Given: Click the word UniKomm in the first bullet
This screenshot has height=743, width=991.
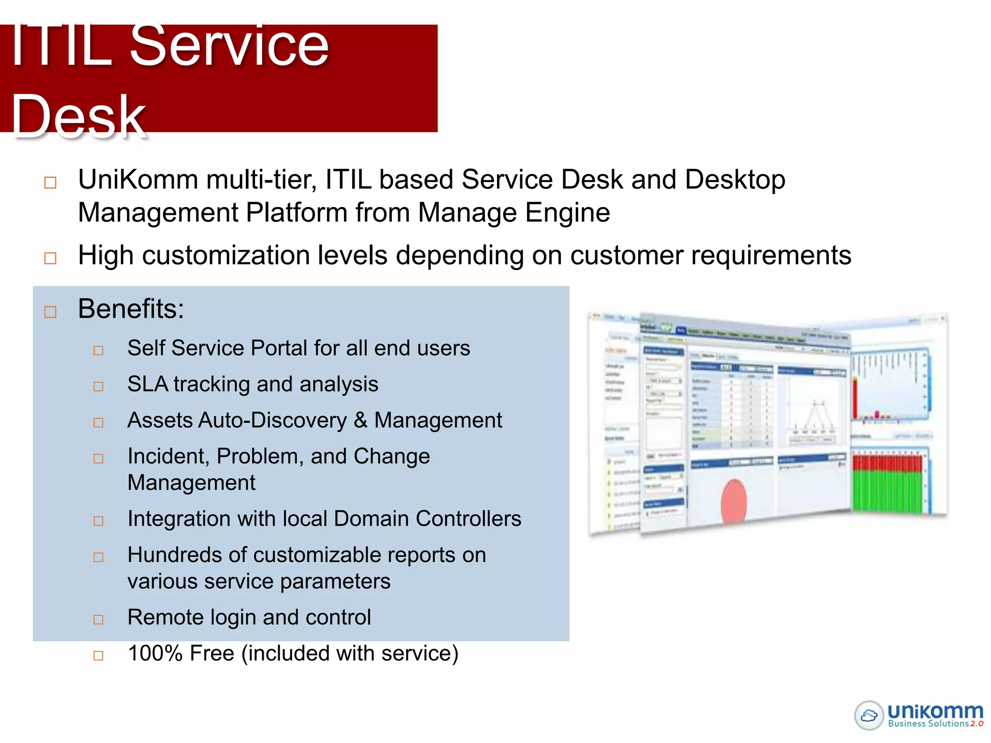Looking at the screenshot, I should click(138, 180).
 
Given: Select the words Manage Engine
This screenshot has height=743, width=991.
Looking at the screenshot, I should click(513, 213).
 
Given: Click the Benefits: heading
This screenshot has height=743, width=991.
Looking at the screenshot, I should click(131, 309).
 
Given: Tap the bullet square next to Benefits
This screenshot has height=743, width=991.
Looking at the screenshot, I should click(50, 312).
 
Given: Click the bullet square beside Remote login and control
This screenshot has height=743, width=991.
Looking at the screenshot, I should click(98, 620).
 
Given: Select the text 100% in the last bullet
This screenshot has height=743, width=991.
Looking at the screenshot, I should click(155, 654).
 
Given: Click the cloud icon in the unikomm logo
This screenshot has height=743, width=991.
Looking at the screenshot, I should click(869, 715).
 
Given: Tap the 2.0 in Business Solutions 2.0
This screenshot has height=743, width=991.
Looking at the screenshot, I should click(976, 724).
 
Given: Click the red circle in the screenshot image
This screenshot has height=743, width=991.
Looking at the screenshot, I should click(734, 502).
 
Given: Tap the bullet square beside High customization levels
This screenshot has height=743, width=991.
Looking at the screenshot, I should click(50, 258).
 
